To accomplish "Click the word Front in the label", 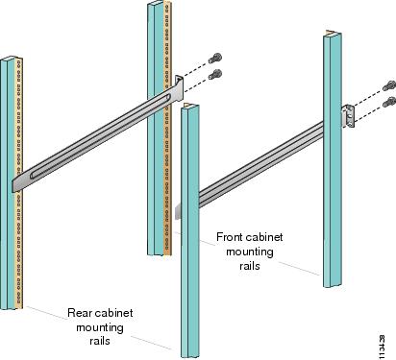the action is [x=229, y=237].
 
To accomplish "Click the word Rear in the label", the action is [x=77, y=313].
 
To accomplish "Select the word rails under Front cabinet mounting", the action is [x=250, y=266].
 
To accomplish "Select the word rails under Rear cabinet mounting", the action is [x=100, y=341].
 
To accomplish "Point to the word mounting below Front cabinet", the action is [x=250, y=252].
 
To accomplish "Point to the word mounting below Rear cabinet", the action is [x=100, y=327].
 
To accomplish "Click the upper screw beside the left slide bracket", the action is [x=215, y=58].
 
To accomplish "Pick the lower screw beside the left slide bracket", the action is [x=215, y=74].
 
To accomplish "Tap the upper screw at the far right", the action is [x=389, y=85].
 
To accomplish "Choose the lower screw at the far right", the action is [x=389, y=102].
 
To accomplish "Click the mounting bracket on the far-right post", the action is [x=348, y=116].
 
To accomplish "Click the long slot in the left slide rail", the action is [x=100, y=136].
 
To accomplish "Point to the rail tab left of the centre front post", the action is [x=178, y=211].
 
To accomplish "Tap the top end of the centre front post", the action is [x=189, y=106].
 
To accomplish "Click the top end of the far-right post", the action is [x=333, y=33].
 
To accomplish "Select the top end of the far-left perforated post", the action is [x=12, y=59].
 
